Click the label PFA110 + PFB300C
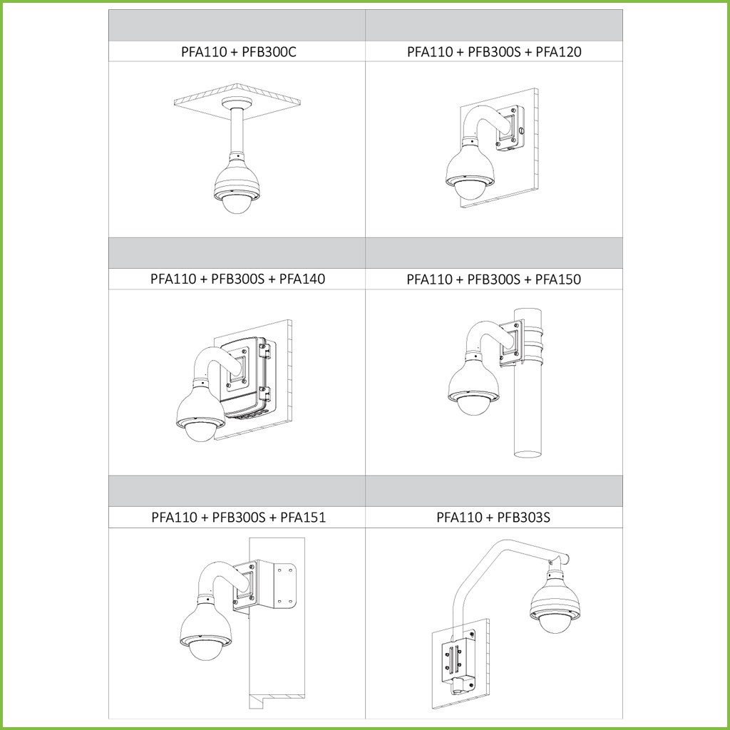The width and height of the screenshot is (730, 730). pyautogui.click(x=238, y=51)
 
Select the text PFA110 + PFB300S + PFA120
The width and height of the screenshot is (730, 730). pyautogui.click(x=494, y=51)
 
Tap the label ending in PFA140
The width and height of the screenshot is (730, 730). pyautogui.click(x=237, y=279)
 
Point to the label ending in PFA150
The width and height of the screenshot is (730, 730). pyautogui.click(x=493, y=279)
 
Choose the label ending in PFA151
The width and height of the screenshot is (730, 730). pyautogui.click(x=238, y=518)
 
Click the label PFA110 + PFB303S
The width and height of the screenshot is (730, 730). pyautogui.click(x=493, y=518)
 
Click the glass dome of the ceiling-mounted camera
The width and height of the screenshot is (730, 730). pyautogui.click(x=236, y=203)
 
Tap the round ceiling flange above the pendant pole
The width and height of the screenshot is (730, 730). pyautogui.click(x=236, y=103)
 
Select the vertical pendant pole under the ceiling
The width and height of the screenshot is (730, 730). pyautogui.click(x=236, y=132)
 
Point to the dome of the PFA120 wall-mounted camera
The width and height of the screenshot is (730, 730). pyautogui.click(x=469, y=190)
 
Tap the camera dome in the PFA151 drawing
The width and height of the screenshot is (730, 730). pyautogui.click(x=205, y=649)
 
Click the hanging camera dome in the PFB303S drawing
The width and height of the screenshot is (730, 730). pyautogui.click(x=555, y=624)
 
